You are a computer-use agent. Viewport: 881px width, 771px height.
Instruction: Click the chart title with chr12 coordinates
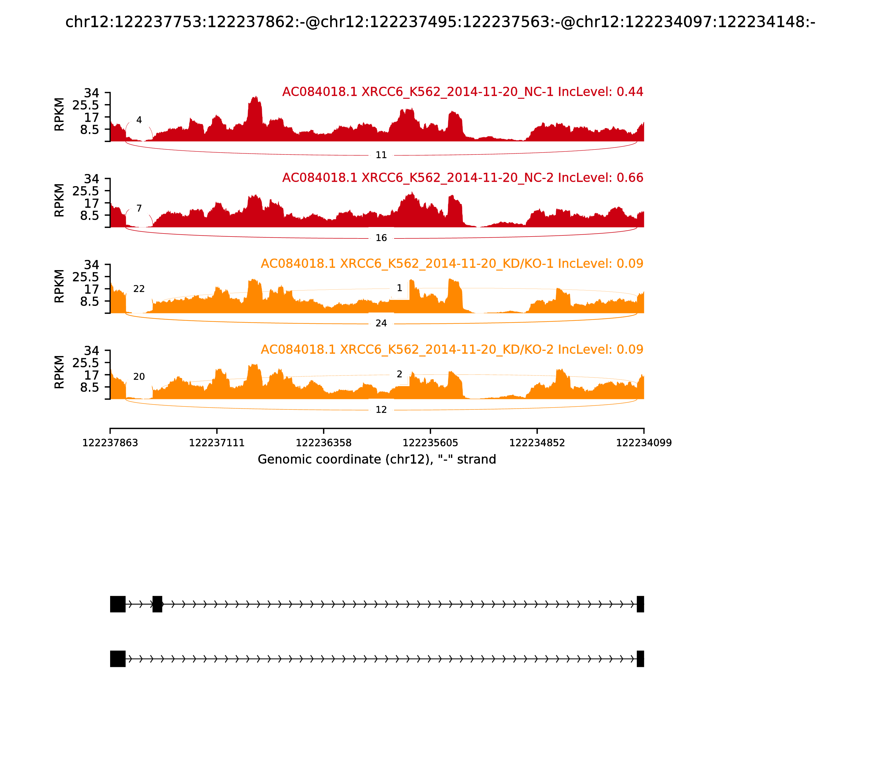point(440,22)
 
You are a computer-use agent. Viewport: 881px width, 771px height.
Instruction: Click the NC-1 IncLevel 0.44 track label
point(463,92)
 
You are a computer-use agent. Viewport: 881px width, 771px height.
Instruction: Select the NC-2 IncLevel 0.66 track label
point(463,178)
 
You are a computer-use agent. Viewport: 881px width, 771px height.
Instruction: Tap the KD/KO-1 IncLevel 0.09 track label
point(452,264)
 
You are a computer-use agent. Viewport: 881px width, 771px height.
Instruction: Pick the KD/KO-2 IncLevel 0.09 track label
point(452,349)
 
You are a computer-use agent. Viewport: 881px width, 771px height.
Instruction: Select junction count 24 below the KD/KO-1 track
point(381,324)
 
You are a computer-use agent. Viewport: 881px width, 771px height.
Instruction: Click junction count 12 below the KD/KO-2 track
point(381,410)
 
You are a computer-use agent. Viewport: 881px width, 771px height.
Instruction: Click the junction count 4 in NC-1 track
point(139,120)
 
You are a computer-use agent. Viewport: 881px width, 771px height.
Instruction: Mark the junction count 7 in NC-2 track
point(139,209)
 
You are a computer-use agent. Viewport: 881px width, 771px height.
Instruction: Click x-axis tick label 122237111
point(217,443)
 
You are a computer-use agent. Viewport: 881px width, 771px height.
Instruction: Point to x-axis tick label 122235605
point(430,443)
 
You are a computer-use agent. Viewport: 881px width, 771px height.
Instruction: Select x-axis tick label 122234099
point(644,443)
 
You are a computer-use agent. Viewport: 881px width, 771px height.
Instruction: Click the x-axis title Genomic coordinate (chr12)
point(377,460)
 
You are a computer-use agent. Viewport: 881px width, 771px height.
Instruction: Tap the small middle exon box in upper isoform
point(157,604)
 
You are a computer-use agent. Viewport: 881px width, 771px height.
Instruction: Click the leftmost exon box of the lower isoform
point(118,659)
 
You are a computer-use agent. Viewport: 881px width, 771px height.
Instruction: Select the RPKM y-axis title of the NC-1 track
point(59,115)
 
